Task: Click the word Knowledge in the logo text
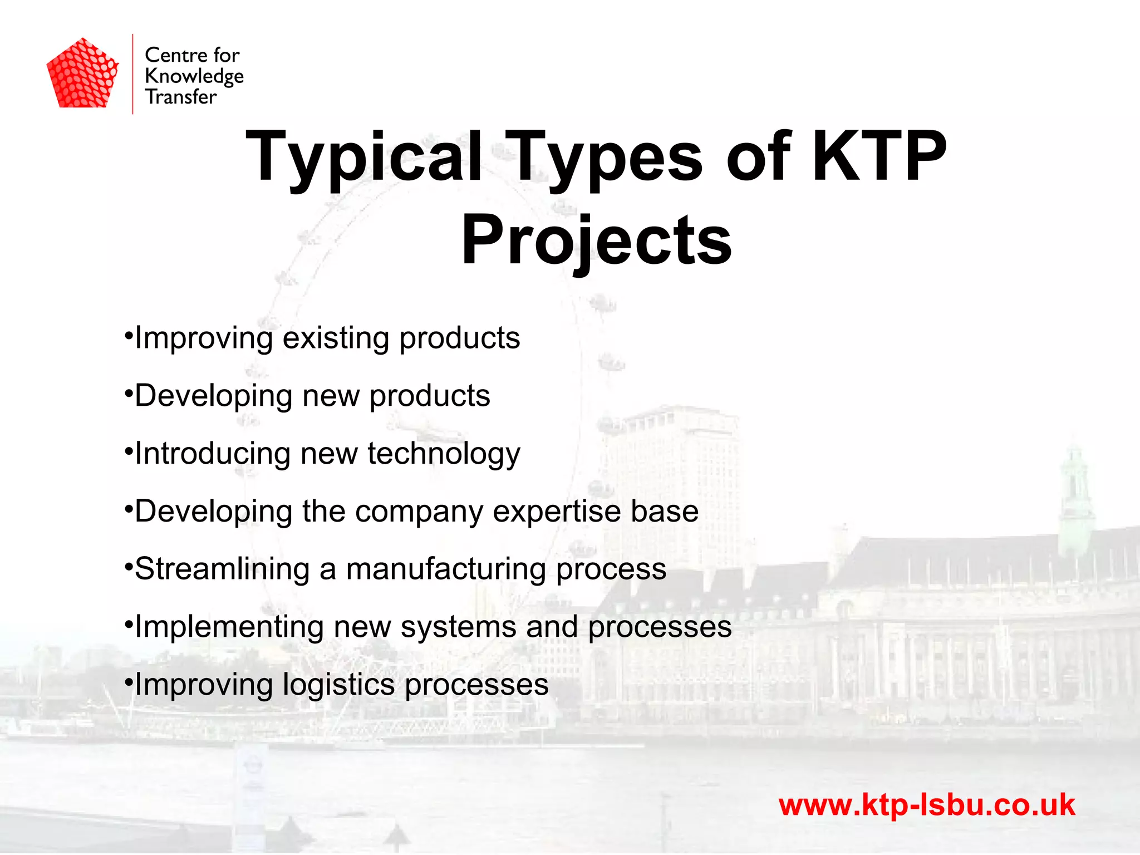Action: (x=194, y=76)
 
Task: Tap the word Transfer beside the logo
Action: (x=180, y=97)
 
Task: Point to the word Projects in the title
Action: (x=596, y=240)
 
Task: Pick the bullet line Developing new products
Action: (x=312, y=396)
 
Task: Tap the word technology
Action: (x=444, y=454)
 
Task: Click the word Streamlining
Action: (x=222, y=569)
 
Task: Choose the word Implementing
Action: (x=229, y=627)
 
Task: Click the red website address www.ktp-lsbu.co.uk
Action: (x=926, y=805)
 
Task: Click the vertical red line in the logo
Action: (x=132, y=74)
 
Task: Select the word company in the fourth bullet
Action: (x=419, y=512)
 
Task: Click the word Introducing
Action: (x=212, y=454)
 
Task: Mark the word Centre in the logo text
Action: (x=176, y=55)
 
